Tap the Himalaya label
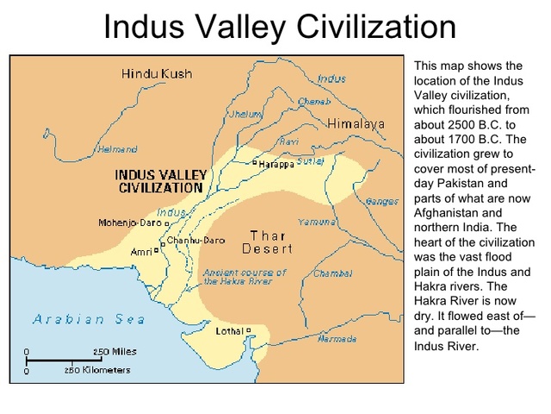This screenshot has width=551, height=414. coord(356,123)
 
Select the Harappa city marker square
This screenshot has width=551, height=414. coord(255,162)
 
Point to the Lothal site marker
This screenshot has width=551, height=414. coord(249,330)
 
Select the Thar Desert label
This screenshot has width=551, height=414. coord(268,242)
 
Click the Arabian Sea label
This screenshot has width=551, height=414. coord(89,319)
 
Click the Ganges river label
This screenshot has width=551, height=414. coord(381,202)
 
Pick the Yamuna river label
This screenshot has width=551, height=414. coord(316,223)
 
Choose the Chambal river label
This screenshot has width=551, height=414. coord(332,273)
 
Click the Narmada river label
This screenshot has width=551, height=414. coord(337,339)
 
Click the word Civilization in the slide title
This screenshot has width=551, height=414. coord(373,27)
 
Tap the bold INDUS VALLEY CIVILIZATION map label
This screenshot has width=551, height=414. coord(161,180)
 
